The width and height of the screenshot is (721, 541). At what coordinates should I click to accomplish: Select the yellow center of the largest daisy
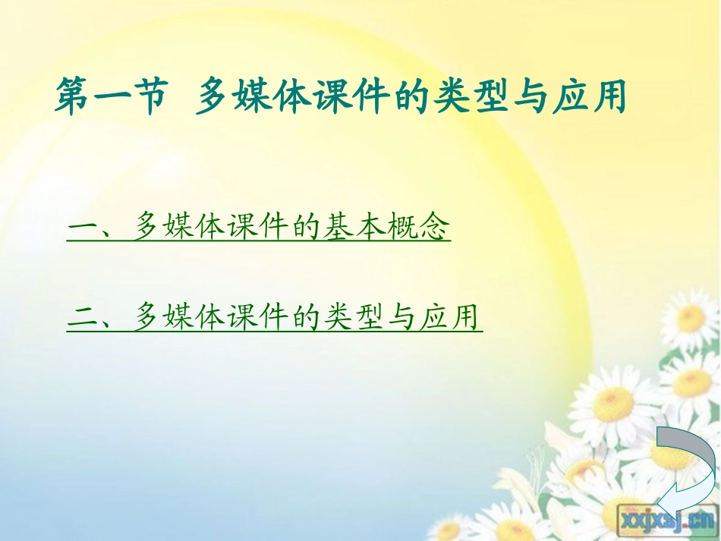[x=615, y=403]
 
